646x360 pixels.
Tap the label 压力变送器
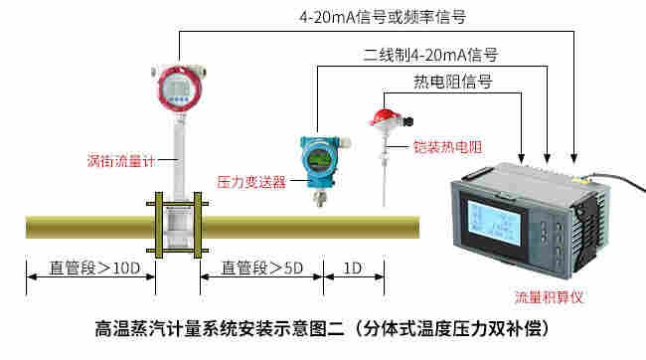[x=251, y=182]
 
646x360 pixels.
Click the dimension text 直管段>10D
[x=90, y=268]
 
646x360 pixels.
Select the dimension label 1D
[x=352, y=268]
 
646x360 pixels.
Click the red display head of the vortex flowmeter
[x=178, y=90]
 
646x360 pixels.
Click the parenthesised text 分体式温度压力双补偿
[x=458, y=326]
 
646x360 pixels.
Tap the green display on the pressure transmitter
[x=318, y=158]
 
